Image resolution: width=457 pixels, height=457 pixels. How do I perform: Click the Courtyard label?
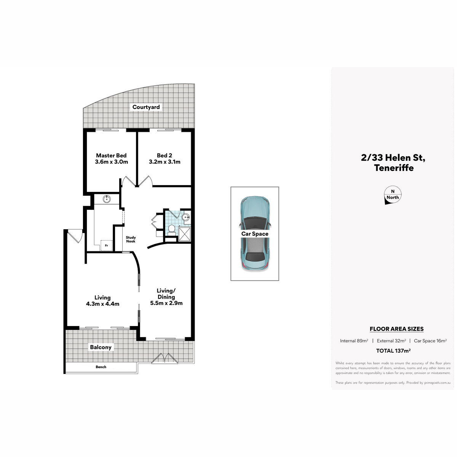[x=146, y=107]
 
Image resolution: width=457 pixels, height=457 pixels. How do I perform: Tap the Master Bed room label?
[x=111, y=156]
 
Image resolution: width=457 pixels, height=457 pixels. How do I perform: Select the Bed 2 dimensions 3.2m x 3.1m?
[x=165, y=162]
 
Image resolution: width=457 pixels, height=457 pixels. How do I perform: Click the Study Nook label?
[x=131, y=239]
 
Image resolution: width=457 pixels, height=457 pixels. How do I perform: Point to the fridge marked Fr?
[x=106, y=246]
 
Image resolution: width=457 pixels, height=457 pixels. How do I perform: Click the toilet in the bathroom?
[x=171, y=230]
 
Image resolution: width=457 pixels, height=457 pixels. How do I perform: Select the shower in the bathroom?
[x=184, y=234]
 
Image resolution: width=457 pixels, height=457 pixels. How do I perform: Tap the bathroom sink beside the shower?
[x=185, y=217]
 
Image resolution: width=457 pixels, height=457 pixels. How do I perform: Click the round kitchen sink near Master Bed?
[x=107, y=199]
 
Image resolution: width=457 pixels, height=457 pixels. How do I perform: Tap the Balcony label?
[x=101, y=347]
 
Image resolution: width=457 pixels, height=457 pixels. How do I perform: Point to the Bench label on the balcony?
[x=101, y=367]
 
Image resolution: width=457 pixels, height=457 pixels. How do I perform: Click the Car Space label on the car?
[x=255, y=234]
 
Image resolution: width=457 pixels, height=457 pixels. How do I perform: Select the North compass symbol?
[x=393, y=195]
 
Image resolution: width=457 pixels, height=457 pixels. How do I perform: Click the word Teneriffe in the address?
[x=394, y=168]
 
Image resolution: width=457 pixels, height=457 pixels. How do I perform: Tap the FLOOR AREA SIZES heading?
[x=396, y=329]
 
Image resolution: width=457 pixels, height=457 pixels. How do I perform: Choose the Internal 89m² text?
[x=354, y=341]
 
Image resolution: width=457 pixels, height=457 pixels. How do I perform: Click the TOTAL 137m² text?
[x=393, y=351]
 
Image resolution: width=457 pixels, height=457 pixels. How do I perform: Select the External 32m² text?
[x=391, y=341]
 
